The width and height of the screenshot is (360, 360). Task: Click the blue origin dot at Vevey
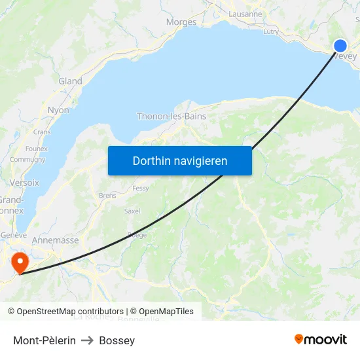click(x=340, y=45)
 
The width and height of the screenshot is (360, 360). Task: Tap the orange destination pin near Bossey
click(x=20, y=262)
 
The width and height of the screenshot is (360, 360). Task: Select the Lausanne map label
click(x=245, y=14)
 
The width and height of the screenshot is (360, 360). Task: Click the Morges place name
click(x=181, y=22)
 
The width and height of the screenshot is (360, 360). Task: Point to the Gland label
click(x=70, y=81)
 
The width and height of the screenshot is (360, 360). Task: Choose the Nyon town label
click(x=58, y=110)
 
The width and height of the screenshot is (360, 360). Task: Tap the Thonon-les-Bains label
click(x=171, y=117)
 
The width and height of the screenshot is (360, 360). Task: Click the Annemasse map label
click(x=55, y=240)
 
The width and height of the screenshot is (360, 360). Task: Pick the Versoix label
click(x=24, y=183)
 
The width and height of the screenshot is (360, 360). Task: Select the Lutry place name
click(x=270, y=31)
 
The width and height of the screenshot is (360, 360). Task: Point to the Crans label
click(x=42, y=132)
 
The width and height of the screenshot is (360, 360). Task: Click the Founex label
click(x=37, y=149)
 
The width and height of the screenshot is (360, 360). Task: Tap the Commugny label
click(x=27, y=159)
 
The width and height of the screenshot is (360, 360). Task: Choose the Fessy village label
click(x=141, y=189)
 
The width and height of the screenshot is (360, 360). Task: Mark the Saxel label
click(x=132, y=211)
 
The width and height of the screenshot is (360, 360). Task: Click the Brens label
click(x=107, y=195)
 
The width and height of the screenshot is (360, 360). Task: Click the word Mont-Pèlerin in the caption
click(x=45, y=340)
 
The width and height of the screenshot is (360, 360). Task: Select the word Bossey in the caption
click(x=117, y=340)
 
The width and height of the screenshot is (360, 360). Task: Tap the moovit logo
click(x=321, y=339)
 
